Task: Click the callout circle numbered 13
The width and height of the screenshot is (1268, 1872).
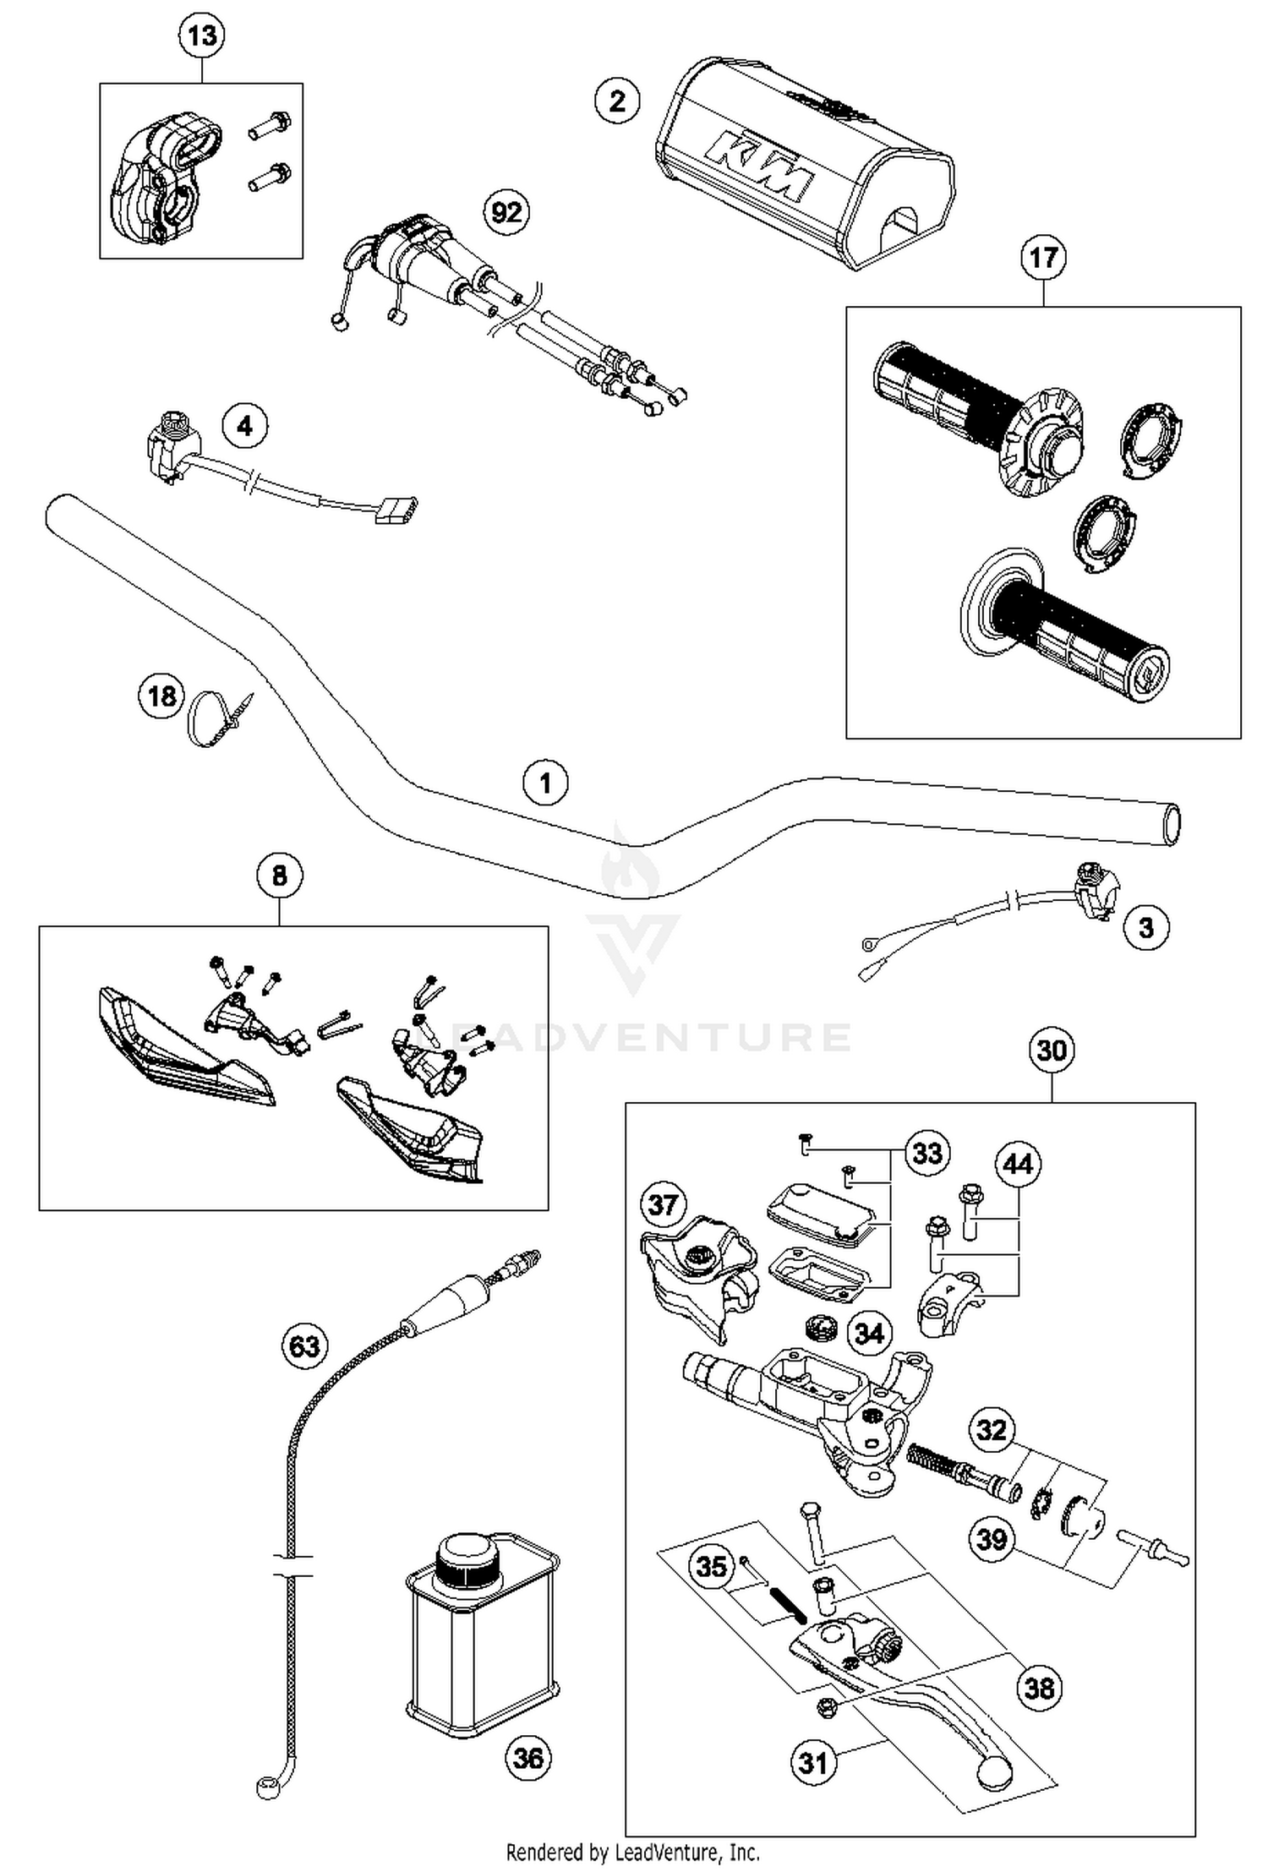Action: (x=202, y=35)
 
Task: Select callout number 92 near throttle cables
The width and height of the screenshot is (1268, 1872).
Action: (x=506, y=211)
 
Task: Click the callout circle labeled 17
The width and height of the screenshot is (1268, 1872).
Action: (x=1043, y=257)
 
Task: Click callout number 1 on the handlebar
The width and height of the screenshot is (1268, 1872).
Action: (x=545, y=783)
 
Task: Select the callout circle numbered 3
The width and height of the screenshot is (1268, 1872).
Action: (x=1145, y=927)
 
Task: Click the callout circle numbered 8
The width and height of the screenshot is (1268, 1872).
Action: (x=279, y=876)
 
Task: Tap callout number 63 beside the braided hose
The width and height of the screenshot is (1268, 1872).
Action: (x=304, y=1345)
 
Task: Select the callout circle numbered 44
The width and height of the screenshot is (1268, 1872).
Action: (x=1018, y=1165)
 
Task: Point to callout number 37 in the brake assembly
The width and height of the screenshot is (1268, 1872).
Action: (x=663, y=1203)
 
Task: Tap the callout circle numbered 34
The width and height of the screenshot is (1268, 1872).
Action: (x=869, y=1334)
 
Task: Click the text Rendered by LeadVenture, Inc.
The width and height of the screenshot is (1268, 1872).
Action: (x=632, y=1853)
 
